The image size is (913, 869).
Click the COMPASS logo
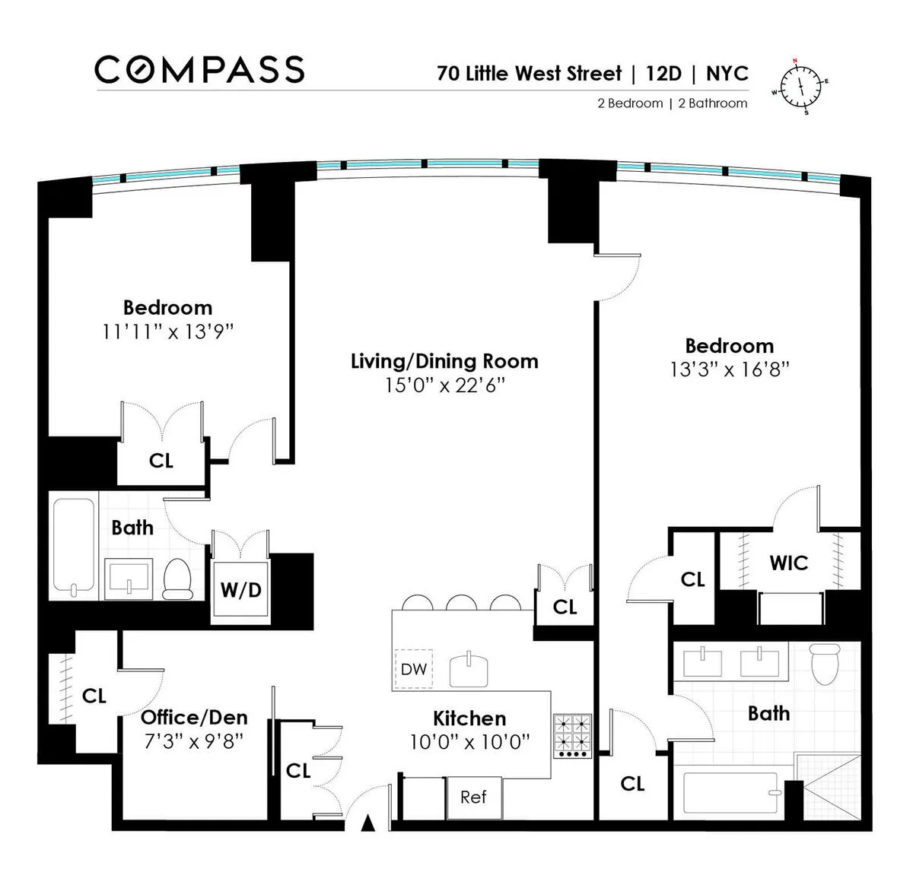click(199, 69)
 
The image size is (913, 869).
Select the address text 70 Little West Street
click(529, 74)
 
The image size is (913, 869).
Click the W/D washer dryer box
click(240, 590)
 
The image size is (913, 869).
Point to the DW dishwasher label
click(413, 670)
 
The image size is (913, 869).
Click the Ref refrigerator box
click(473, 798)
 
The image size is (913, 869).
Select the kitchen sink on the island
click(469, 670)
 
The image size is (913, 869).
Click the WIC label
click(789, 563)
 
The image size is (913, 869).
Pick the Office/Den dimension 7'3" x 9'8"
click(194, 741)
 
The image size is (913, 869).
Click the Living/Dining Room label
click(444, 361)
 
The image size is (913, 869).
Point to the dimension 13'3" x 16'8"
click(729, 369)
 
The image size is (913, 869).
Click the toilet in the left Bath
click(178, 579)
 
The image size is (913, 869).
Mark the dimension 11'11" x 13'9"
click(167, 332)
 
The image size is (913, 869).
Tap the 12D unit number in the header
click(663, 74)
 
